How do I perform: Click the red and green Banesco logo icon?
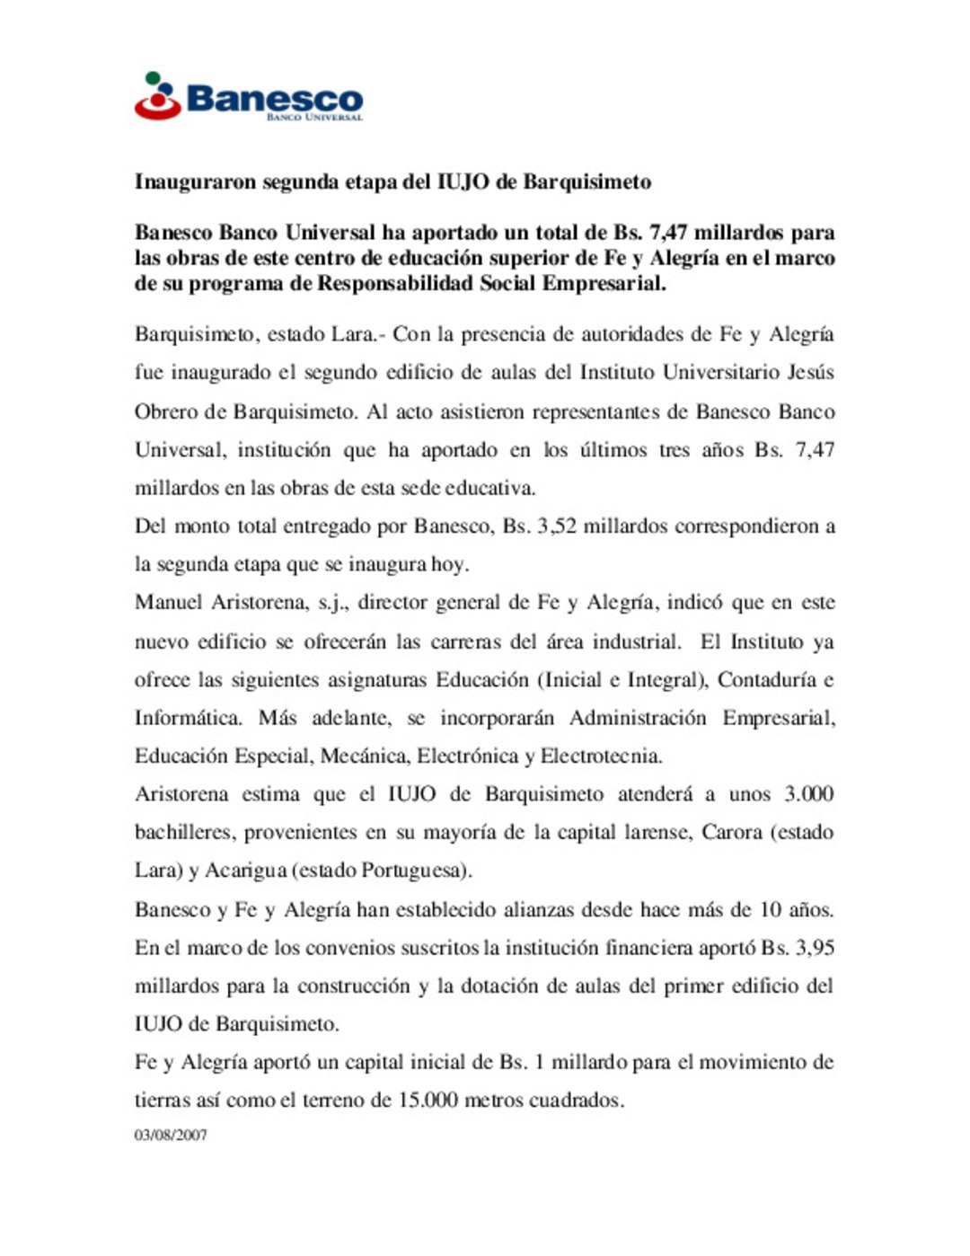[158, 97]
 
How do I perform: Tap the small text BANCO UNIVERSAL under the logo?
[314, 118]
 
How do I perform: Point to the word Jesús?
[810, 373]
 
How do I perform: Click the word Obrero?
[167, 412]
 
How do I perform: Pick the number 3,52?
[556, 526]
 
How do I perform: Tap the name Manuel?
[168, 603]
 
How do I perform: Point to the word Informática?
[188, 719]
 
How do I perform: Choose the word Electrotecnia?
[601, 756]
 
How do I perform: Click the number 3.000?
[808, 795]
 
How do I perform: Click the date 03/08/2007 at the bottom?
[171, 1136]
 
